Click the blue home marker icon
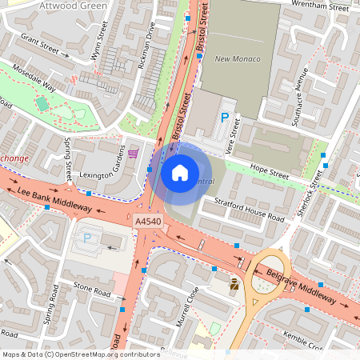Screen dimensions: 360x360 (180, 172)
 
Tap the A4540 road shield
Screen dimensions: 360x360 (148, 221)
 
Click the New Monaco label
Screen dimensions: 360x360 (233, 59)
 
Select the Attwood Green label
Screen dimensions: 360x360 (56, 5)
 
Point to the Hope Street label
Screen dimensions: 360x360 (269, 170)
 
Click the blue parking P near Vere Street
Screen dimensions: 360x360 (225, 118)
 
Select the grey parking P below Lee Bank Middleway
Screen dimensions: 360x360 (88, 238)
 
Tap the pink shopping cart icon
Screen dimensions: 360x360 (133, 153)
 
